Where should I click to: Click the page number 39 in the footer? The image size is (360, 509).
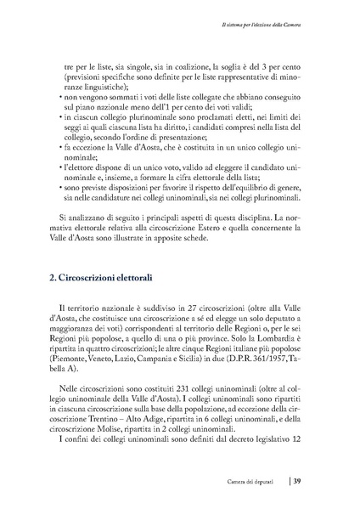click(x=298, y=483)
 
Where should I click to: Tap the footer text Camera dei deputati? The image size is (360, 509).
click(x=255, y=483)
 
